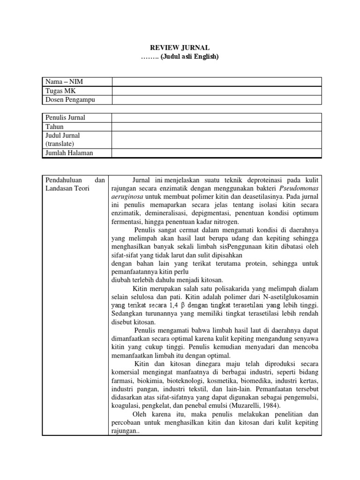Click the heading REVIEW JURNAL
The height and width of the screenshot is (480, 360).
coord(180,48)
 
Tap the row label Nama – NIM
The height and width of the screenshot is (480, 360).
coord(64,82)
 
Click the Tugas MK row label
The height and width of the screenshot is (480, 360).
coord(60,91)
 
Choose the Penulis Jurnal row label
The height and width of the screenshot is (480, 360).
coord(65,118)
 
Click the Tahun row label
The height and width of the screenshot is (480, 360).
coord(54,127)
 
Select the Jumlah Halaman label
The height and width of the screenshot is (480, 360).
coord(69,153)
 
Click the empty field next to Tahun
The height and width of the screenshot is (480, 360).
coord(217,127)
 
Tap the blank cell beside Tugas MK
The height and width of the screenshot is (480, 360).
coord(217,91)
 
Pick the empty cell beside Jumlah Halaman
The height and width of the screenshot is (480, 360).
coord(217,153)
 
